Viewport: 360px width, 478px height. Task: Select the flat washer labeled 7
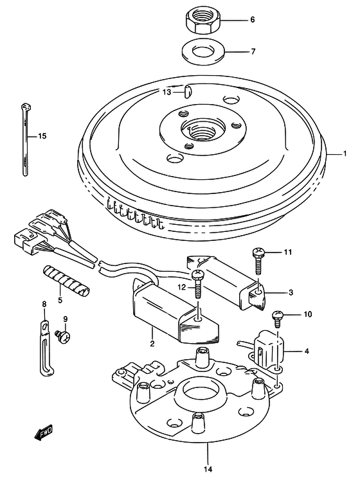[x=203, y=50]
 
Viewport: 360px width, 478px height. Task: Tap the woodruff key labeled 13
[x=187, y=91]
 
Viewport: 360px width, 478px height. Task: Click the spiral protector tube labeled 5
[x=66, y=281]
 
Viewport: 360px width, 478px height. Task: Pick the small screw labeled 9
[x=62, y=336]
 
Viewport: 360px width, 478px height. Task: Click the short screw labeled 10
[x=278, y=317]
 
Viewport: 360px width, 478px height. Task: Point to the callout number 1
[x=345, y=154]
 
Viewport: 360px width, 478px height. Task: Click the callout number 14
[x=208, y=469]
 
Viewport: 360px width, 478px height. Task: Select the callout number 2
[x=152, y=344]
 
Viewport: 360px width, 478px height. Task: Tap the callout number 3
[x=291, y=292]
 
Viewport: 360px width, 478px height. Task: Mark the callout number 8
[x=44, y=304]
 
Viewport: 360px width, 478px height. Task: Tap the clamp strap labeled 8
[x=45, y=348]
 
